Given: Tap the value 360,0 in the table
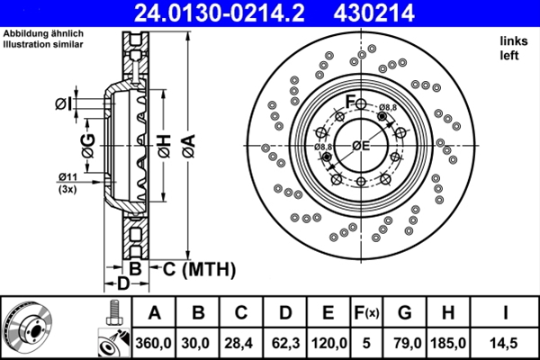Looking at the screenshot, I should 154,343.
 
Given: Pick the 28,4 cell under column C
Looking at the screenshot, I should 241,343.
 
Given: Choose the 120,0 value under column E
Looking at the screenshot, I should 329,343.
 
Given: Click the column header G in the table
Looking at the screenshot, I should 404,313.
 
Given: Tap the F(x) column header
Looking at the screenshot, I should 367,313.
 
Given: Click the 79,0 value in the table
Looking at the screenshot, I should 404,343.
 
